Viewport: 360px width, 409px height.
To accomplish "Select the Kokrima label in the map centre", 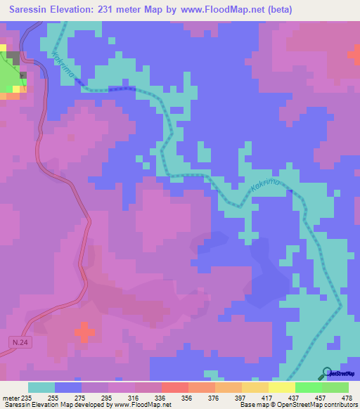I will (x=264, y=186).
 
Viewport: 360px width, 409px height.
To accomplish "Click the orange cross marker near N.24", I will (x=84, y=332).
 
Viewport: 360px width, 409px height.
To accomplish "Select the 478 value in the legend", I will (x=346, y=397).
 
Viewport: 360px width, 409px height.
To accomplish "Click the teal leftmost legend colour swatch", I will (x=41, y=387).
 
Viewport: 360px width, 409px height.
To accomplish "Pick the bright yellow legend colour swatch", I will (x=282, y=387).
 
